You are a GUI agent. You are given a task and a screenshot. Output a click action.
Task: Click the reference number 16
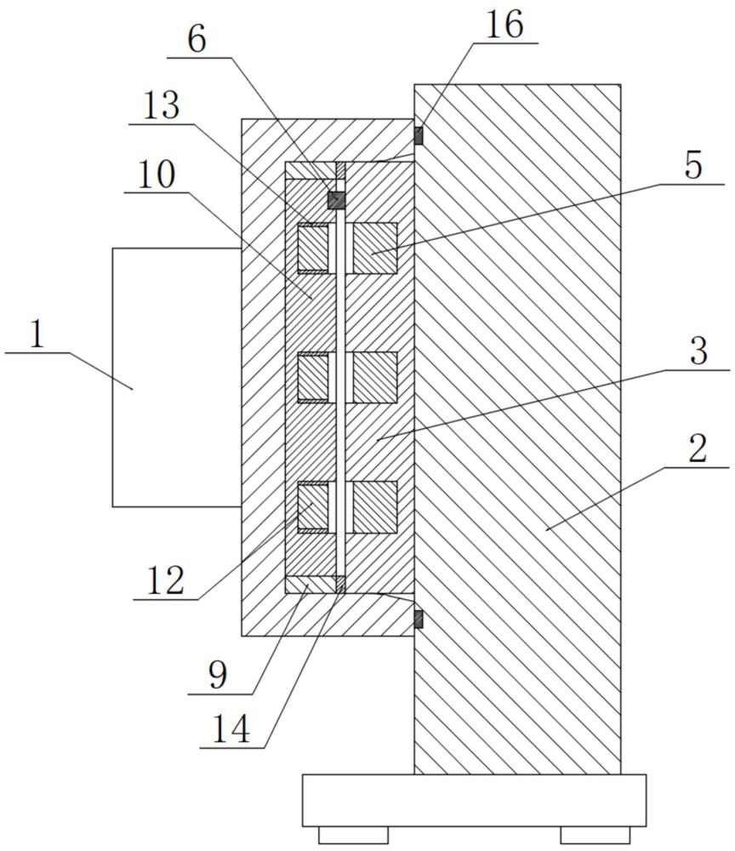click(504, 25)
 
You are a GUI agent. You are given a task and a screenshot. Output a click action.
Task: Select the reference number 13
click(161, 106)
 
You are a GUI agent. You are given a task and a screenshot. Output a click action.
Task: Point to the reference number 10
click(157, 174)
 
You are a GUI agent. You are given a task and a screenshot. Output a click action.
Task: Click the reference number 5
click(693, 166)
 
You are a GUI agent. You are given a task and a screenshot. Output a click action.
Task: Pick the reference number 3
click(698, 351)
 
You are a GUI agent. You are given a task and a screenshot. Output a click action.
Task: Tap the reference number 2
click(698, 448)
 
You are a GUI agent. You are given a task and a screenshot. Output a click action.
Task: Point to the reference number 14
click(231, 729)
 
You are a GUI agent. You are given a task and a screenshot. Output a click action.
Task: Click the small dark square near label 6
click(336, 200)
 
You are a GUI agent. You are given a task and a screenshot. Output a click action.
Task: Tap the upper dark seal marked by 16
click(419, 135)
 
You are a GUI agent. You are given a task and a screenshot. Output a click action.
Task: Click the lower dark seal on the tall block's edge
click(419, 620)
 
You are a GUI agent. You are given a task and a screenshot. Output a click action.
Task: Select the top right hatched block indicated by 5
click(375, 248)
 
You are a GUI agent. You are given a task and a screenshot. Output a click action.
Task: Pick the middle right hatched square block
click(375, 377)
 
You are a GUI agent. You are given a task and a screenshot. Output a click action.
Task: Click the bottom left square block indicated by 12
click(313, 507)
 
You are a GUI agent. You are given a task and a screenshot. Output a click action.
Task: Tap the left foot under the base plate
click(353, 835)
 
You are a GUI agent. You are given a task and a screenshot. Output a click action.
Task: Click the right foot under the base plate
click(595, 835)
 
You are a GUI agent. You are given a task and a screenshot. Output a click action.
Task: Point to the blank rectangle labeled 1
click(177, 377)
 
